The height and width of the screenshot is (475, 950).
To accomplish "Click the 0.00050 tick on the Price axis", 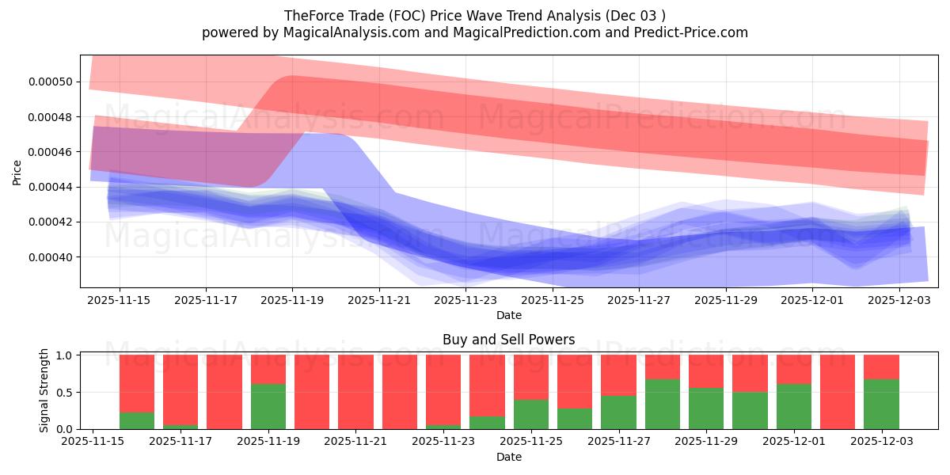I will click(x=50, y=82).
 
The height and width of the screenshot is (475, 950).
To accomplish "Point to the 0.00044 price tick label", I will click(x=50, y=187).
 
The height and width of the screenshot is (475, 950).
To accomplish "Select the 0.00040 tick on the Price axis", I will click(x=50, y=256).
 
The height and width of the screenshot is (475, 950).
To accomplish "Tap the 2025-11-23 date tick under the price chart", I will click(x=465, y=301).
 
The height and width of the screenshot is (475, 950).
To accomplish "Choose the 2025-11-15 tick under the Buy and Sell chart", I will click(x=93, y=443).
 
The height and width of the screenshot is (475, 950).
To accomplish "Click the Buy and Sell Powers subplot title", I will click(x=508, y=340).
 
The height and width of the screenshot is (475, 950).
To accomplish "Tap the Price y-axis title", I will click(x=17, y=172).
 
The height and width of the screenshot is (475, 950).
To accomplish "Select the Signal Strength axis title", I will click(x=44, y=390).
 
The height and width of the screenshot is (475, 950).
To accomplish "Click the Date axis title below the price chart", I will click(x=508, y=315).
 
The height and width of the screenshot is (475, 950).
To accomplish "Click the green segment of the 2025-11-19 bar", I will click(x=268, y=406).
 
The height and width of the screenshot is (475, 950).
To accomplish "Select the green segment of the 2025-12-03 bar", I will click(x=881, y=404).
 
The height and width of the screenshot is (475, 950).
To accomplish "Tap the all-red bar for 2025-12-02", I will click(x=838, y=392).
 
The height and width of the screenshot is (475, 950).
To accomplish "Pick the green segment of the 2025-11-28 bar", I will click(x=663, y=404).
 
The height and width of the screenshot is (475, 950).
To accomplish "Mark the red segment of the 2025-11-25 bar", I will click(x=531, y=377).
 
